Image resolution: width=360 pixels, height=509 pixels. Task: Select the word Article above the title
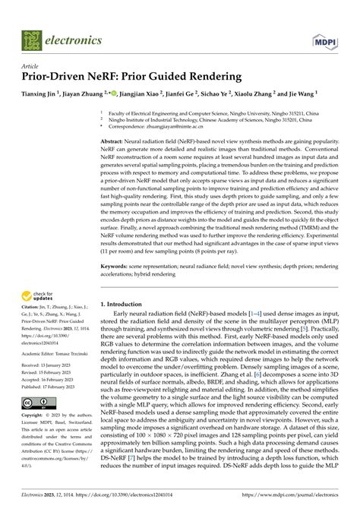coord(31,65)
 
